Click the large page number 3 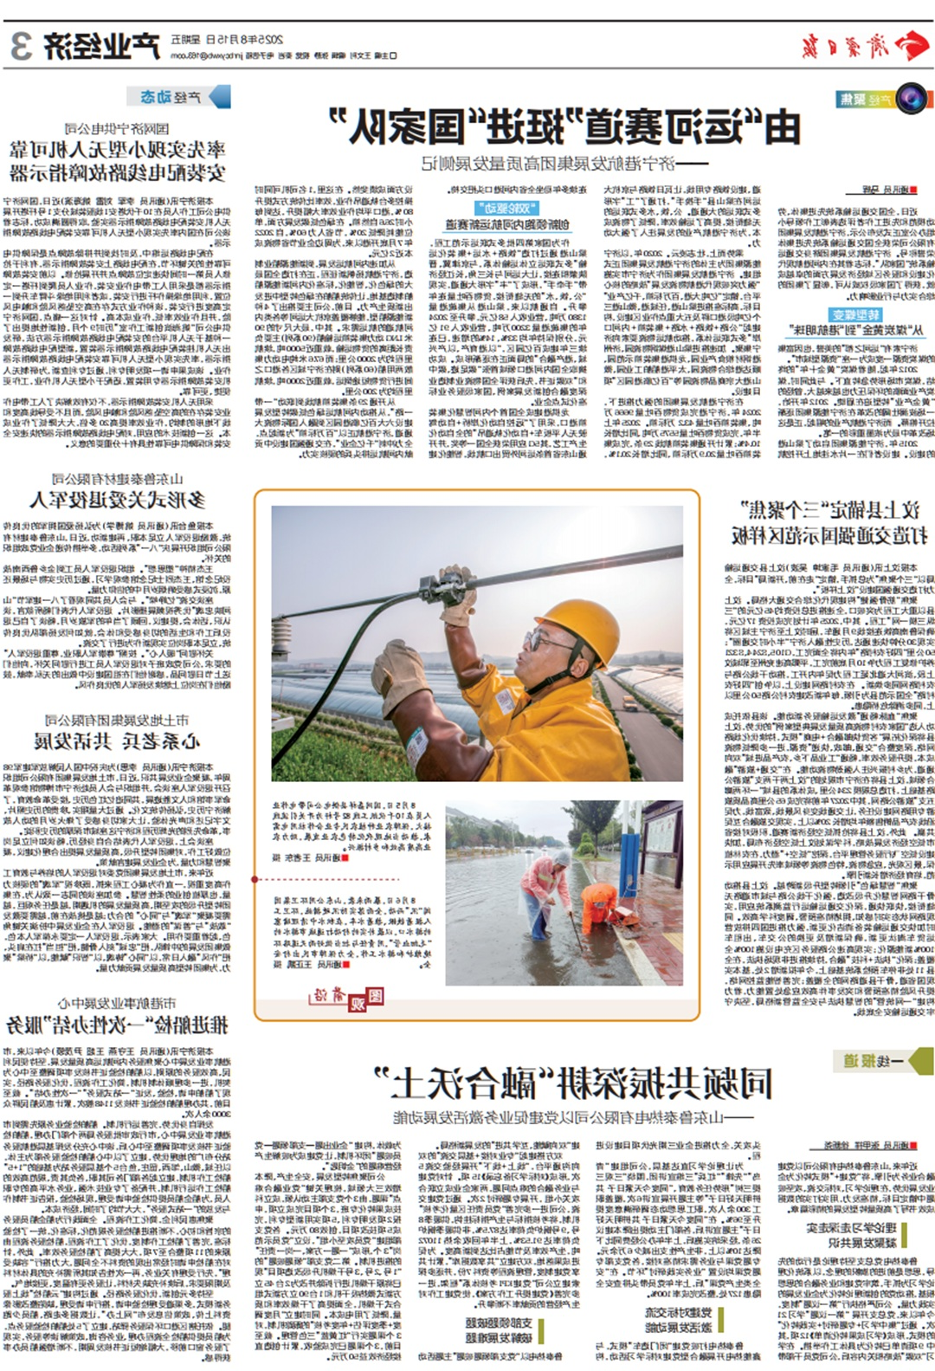tap(23, 46)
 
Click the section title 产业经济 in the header tap(103, 46)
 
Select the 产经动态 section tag tap(179, 96)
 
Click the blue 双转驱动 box tap(506, 208)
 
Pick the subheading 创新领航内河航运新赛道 tap(506, 225)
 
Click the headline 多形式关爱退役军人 tap(117, 500)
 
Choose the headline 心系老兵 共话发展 tap(117, 740)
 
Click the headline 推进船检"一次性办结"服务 tap(117, 1025)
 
